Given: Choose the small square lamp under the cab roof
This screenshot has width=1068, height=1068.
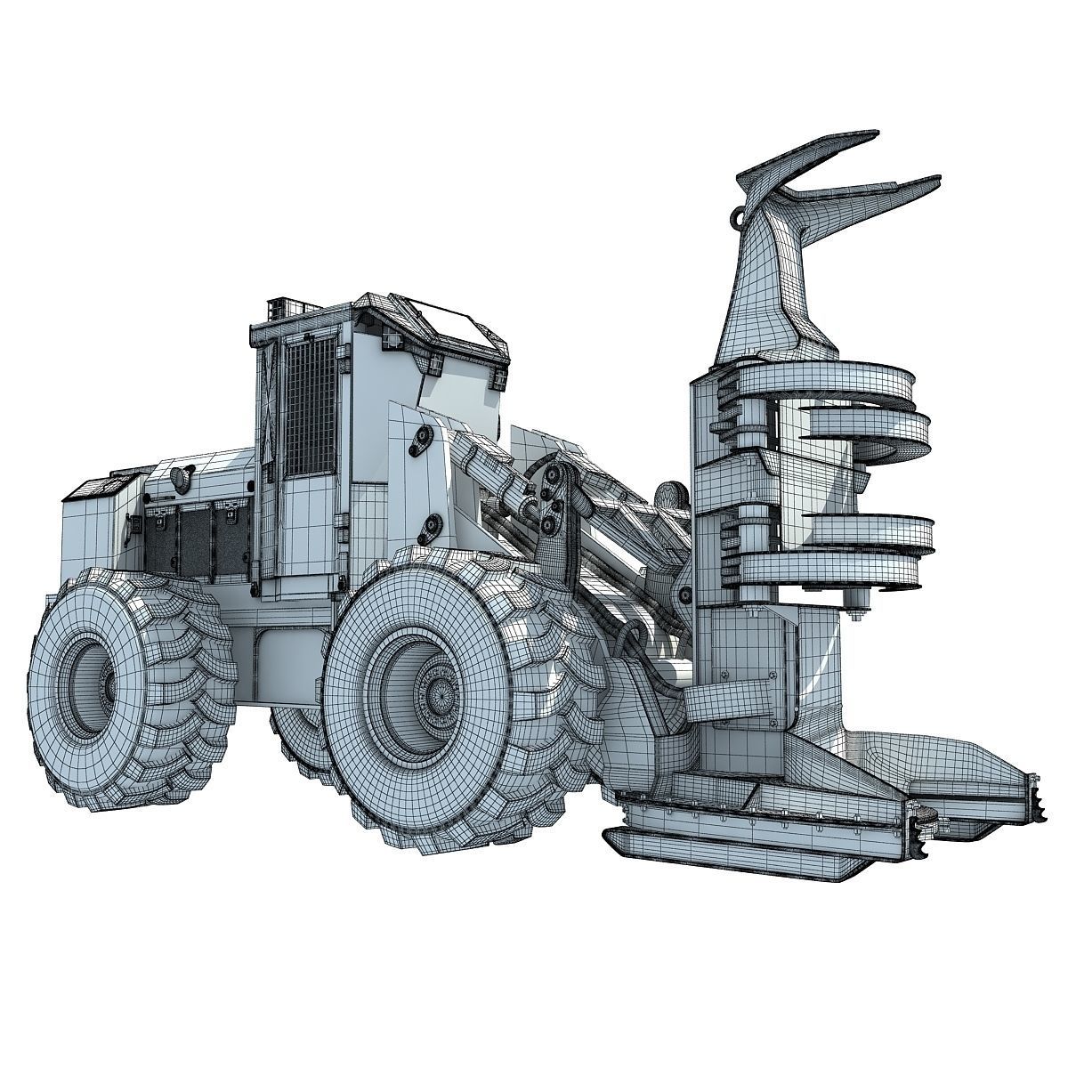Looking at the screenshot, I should click(x=389, y=340).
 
